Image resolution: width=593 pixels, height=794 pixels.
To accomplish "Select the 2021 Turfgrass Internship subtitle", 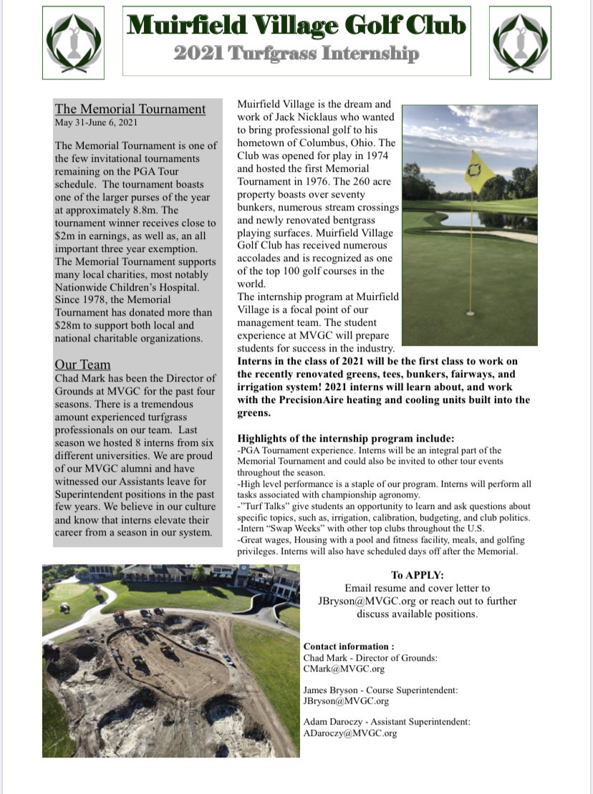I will pos(296,54).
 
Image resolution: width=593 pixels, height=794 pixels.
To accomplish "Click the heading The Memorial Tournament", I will pos(130,110).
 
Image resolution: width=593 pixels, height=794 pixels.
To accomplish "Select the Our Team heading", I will pos(82,364).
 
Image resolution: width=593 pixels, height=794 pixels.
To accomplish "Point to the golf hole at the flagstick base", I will pos(470,313).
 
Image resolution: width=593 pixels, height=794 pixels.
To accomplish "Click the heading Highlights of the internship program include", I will pos(346,438).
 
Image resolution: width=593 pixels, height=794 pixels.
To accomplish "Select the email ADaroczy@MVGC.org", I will pos(350,733).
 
